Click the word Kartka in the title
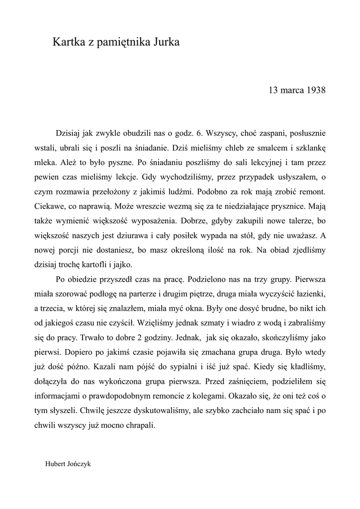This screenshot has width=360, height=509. coord(68,43)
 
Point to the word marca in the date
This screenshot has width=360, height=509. coord(290,90)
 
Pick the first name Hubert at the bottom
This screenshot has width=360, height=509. coord(55,463)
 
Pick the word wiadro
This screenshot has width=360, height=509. coord(207,320)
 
